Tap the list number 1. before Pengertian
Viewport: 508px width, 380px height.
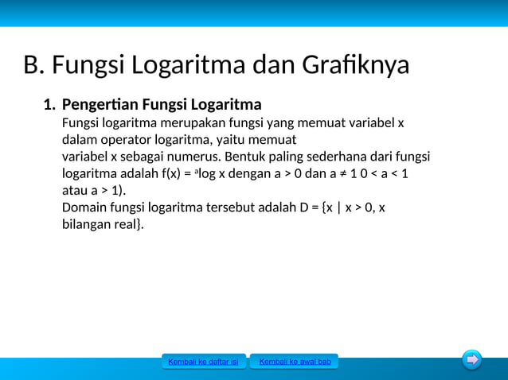(x=49, y=105)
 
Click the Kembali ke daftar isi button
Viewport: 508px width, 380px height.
(x=203, y=363)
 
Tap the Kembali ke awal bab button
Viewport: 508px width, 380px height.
(x=295, y=363)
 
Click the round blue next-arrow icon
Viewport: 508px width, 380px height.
(x=472, y=360)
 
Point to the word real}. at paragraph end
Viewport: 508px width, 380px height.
(x=131, y=225)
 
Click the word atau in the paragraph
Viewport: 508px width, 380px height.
(x=75, y=191)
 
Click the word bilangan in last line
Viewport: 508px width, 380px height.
(x=87, y=225)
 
